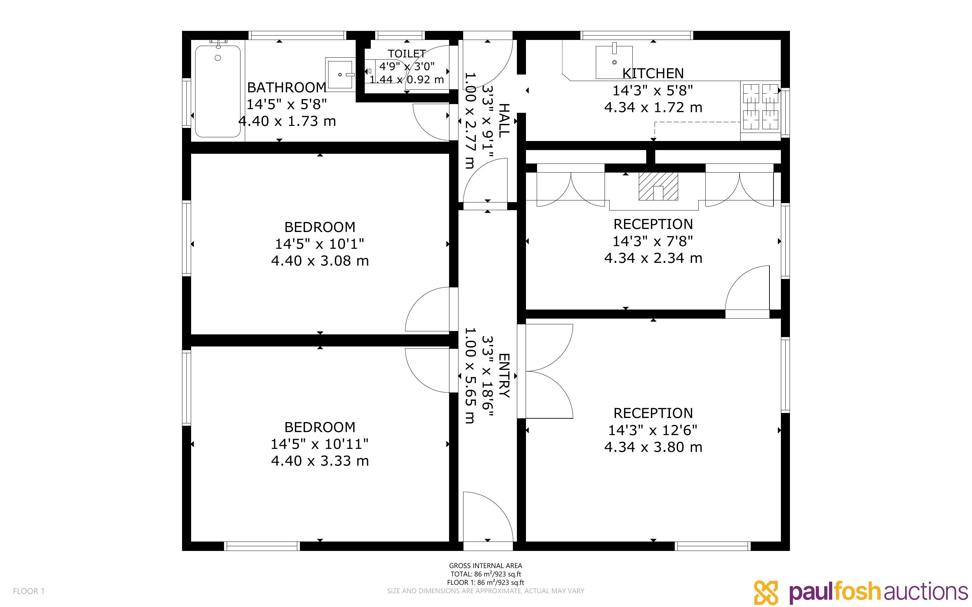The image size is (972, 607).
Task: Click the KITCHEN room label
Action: coord(653,74)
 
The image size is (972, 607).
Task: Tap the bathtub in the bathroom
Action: coord(218,91)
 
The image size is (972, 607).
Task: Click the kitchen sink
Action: coord(614,62)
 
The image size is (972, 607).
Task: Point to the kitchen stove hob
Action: coord(760,107)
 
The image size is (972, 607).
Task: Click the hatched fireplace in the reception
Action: coord(658,186)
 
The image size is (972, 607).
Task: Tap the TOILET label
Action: coord(407,54)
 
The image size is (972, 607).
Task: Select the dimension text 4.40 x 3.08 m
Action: coord(320,261)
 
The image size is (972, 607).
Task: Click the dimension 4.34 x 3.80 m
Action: coord(653,447)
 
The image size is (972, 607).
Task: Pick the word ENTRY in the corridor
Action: coord(504,376)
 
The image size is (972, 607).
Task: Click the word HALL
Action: coord(504,121)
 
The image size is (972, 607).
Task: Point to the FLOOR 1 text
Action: coord(29,591)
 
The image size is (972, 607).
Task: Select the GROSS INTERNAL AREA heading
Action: coord(485,566)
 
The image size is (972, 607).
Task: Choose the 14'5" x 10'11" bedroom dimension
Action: coord(320,444)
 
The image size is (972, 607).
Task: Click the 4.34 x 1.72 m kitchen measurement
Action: coord(653,107)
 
